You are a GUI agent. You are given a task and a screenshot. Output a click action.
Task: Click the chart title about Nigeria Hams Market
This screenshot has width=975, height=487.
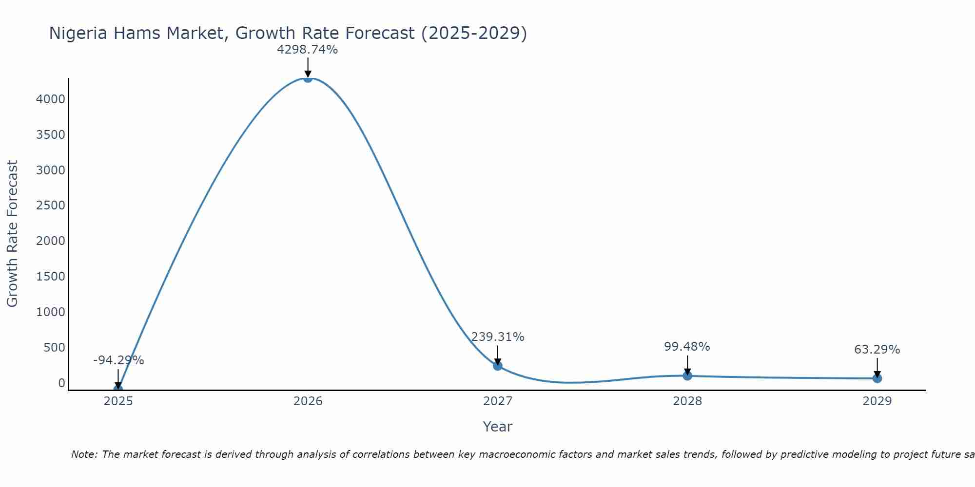click(x=288, y=33)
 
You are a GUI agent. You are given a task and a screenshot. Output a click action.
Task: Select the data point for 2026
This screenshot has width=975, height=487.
click(x=308, y=78)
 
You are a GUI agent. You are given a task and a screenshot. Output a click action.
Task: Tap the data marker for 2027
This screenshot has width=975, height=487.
click(x=497, y=366)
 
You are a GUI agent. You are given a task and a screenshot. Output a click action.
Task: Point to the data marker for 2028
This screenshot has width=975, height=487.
click(x=687, y=375)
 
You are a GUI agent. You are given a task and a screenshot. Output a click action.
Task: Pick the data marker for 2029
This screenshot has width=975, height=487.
click(x=877, y=378)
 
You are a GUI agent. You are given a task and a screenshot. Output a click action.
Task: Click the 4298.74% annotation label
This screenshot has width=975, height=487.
click(x=307, y=50)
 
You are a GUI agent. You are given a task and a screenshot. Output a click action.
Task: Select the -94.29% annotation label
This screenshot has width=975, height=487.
click(x=118, y=360)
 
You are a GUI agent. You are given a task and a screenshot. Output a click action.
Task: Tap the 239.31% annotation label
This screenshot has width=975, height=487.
click(x=497, y=337)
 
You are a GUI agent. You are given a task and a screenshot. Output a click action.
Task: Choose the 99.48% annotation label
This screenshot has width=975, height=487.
click(x=687, y=347)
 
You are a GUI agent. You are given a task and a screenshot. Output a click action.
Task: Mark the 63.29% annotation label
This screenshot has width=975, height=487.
click(x=877, y=350)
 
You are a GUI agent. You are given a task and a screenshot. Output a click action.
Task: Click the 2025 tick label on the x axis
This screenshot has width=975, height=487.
click(x=118, y=401)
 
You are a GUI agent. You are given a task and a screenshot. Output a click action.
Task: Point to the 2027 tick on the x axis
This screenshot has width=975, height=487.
click(x=497, y=401)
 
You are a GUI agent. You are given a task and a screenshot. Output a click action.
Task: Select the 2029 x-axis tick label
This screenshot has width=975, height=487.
click(x=877, y=401)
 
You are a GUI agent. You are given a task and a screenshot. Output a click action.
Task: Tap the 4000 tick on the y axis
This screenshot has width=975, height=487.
click(x=51, y=99)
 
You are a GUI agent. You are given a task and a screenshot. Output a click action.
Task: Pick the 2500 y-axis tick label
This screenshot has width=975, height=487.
click(x=51, y=206)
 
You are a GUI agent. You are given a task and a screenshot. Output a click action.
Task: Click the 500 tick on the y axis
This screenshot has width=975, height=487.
click(x=55, y=348)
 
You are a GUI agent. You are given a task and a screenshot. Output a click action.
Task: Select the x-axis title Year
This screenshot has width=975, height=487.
click(x=497, y=427)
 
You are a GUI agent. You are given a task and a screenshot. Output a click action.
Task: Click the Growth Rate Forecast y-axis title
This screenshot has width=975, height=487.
click(x=12, y=234)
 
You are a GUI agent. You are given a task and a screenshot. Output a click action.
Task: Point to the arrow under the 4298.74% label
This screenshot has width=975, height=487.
click(x=308, y=67)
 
